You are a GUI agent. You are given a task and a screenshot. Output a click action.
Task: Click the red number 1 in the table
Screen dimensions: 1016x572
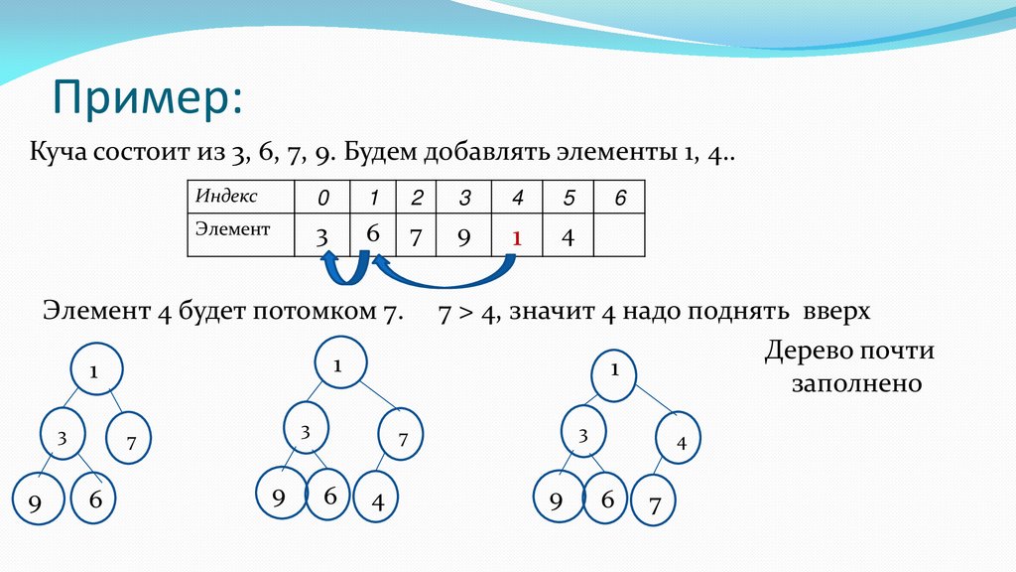coord(516,239)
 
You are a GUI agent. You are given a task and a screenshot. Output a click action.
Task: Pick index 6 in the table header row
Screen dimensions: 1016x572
coord(620,199)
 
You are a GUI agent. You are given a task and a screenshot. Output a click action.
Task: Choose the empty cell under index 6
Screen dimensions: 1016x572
coord(620,236)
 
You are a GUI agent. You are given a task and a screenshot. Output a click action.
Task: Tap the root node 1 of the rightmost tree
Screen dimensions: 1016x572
coord(615,371)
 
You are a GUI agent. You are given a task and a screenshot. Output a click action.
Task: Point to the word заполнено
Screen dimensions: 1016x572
coord(857,383)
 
